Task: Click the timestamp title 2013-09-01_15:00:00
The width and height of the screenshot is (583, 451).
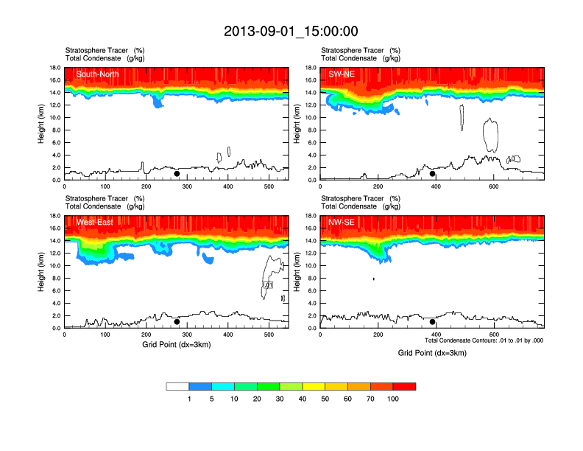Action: click(x=291, y=31)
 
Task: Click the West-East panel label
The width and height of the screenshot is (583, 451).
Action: click(x=94, y=223)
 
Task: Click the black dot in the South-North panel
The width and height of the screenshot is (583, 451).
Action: click(x=177, y=174)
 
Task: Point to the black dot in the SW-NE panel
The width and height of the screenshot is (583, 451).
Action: click(x=433, y=174)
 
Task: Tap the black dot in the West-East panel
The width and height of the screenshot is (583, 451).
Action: click(x=177, y=322)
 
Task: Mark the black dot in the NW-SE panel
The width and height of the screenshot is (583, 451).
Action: click(x=433, y=322)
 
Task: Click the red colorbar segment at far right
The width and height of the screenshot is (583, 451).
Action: click(x=404, y=386)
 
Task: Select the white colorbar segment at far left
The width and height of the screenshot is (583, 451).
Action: click(x=177, y=386)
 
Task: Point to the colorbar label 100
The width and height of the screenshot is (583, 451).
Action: click(x=393, y=399)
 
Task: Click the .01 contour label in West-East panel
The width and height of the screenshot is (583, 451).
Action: click(x=268, y=284)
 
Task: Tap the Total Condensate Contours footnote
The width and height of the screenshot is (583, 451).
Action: click(x=484, y=340)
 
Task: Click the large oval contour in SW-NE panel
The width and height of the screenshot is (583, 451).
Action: click(x=491, y=135)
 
